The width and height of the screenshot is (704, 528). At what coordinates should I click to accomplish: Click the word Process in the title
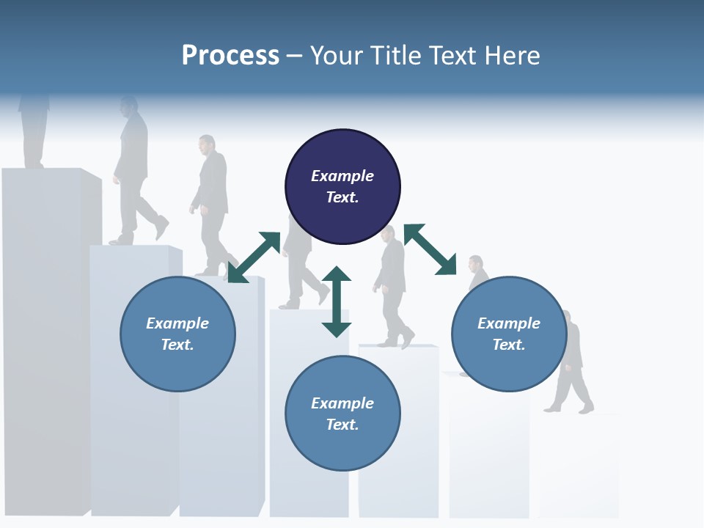pos(230,55)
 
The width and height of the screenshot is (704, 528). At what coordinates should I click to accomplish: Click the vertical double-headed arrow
pos(337,301)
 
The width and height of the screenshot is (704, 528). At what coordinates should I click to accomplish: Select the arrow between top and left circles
pos(254,257)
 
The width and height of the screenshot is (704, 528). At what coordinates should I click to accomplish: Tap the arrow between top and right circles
pos(430,249)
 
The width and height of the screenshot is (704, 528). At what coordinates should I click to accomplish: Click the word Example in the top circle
pos(342,176)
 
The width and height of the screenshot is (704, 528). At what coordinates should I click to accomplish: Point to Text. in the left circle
pos(177,345)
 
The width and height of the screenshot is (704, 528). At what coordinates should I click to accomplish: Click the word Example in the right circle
pos(509,323)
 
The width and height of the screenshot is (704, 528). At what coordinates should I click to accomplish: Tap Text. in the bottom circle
pos(342,425)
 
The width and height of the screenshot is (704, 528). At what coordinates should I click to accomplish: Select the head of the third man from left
pos(208,144)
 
